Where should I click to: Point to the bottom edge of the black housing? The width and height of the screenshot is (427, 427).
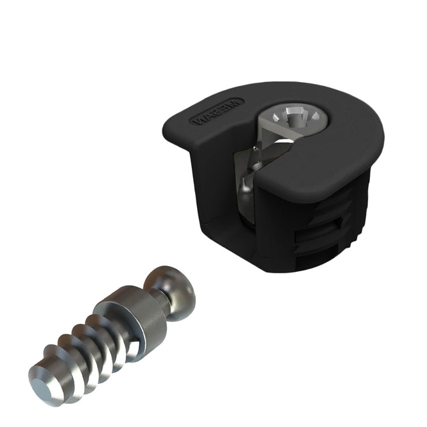[263, 269]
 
